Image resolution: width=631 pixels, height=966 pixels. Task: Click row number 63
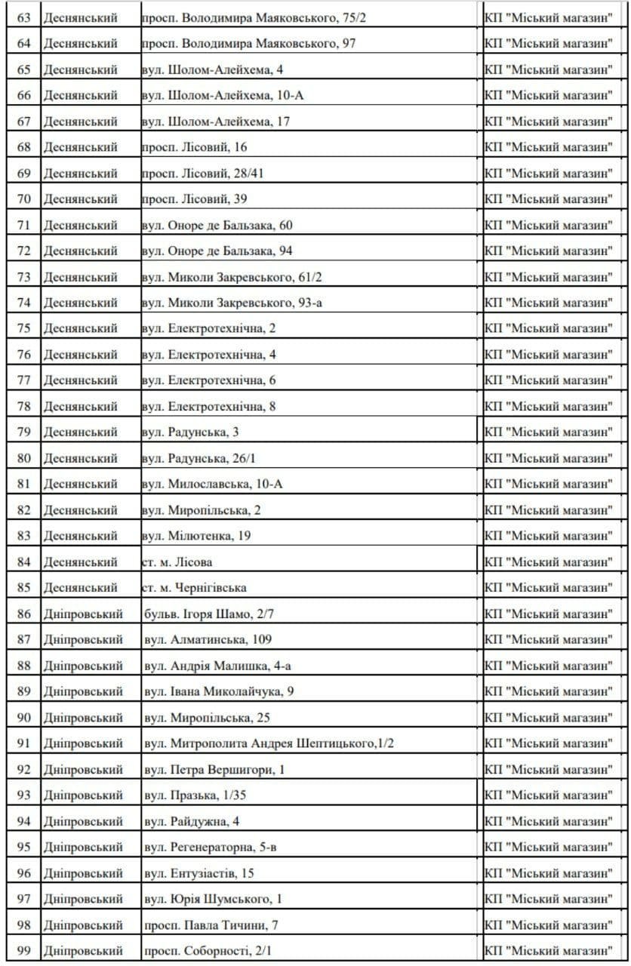24,17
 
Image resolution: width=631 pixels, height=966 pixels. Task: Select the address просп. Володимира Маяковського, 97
248,44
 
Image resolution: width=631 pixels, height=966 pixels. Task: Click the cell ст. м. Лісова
177,561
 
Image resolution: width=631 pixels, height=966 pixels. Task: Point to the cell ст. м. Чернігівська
194,588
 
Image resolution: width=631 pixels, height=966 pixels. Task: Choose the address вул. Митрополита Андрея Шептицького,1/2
269,743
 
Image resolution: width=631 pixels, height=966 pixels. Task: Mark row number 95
24,847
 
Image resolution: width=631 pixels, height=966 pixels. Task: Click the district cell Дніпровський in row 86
82,614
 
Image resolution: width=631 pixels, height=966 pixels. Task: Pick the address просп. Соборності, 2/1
208,951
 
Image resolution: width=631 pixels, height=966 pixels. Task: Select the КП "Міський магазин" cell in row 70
549,199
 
